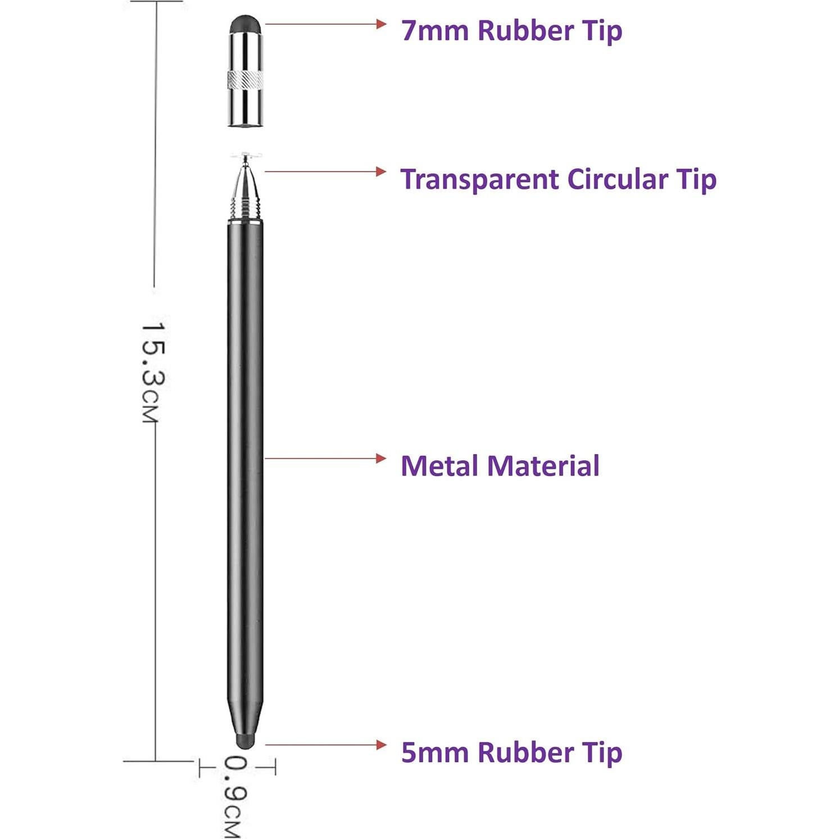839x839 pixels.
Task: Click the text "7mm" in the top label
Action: (x=434, y=30)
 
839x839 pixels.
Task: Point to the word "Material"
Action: (x=543, y=466)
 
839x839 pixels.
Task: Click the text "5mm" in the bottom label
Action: (x=434, y=752)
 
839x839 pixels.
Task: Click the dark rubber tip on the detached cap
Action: (x=245, y=24)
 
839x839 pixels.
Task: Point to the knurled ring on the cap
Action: (x=245, y=80)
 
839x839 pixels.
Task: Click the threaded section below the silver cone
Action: (x=246, y=211)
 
